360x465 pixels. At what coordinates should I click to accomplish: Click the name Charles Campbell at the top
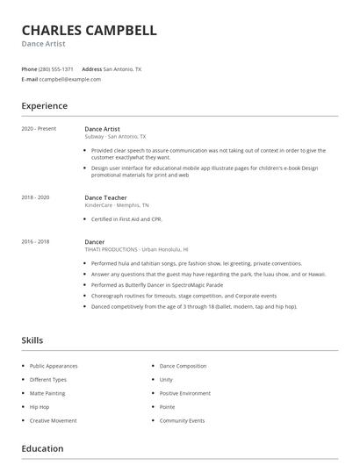pyautogui.click(x=89, y=30)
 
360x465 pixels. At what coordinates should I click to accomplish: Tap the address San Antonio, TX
pyautogui.click(x=122, y=68)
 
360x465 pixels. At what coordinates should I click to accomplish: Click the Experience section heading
pyautogui.click(x=44, y=106)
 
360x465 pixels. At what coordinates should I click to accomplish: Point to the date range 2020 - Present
pyautogui.click(x=39, y=129)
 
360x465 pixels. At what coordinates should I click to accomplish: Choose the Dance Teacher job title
pyautogui.click(x=105, y=198)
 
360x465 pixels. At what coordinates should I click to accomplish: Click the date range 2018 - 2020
pyautogui.click(x=35, y=198)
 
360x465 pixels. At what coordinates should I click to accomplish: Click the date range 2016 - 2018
pyautogui.click(x=35, y=241)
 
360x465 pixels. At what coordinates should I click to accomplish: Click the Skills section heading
pyautogui.click(x=32, y=340)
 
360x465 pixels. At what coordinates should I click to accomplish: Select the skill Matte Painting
pyautogui.click(x=48, y=393)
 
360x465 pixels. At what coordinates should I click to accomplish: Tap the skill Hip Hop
pyautogui.click(x=40, y=407)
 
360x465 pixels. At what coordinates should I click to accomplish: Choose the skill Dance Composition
pyautogui.click(x=183, y=366)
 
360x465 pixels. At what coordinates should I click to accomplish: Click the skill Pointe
pyautogui.click(x=167, y=407)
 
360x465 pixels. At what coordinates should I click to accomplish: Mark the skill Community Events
pyautogui.click(x=182, y=420)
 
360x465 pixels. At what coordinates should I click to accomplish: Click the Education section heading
pyautogui.click(x=42, y=449)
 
